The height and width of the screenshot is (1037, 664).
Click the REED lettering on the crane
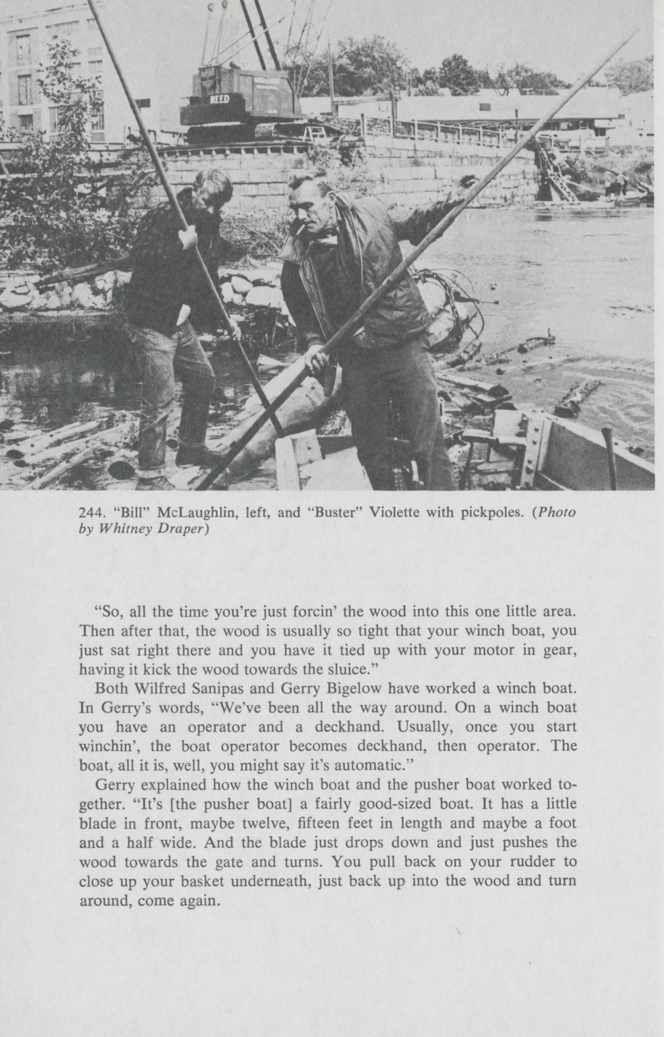[220, 100]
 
